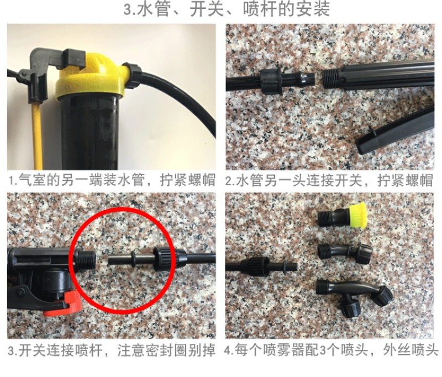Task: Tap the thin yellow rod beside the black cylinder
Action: click(38, 136)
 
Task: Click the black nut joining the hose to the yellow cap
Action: click(132, 76)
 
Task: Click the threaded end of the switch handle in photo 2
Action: click(330, 79)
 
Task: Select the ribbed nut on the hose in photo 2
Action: click(270, 81)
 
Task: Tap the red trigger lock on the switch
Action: click(64, 303)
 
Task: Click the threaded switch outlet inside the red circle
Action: click(87, 259)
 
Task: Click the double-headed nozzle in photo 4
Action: click(354, 296)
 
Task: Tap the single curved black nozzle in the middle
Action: click(344, 252)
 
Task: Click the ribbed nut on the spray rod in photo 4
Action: click(255, 266)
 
